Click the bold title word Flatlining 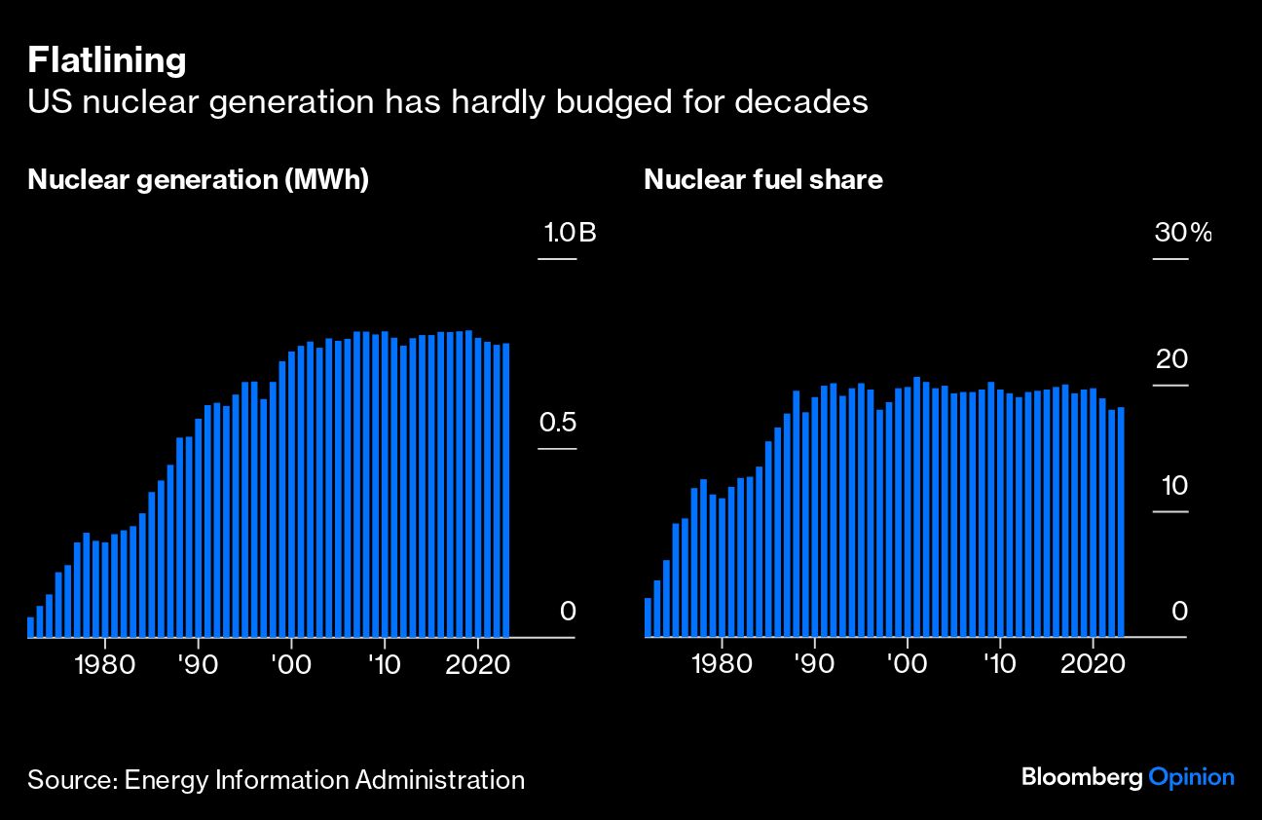(x=106, y=60)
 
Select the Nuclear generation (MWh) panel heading (x=198, y=180)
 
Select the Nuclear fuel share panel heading (x=762, y=180)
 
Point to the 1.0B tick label (x=570, y=234)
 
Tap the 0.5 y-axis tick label (x=557, y=424)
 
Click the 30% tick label (x=1182, y=234)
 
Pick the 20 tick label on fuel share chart (x=1171, y=359)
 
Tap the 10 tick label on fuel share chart (x=1171, y=485)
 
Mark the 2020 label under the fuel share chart (x=1094, y=664)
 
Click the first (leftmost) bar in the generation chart (x=31, y=627)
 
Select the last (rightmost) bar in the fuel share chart (x=1121, y=522)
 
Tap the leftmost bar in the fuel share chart (x=648, y=617)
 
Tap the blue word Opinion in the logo (x=1191, y=777)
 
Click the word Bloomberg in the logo (x=1081, y=777)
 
